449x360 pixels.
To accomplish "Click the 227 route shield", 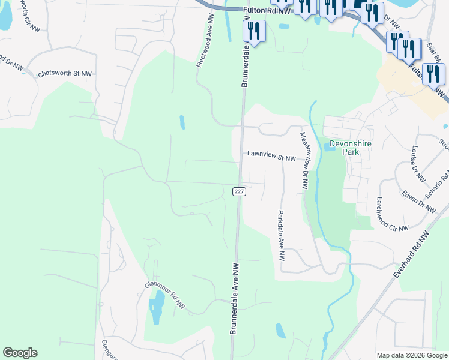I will (239, 191).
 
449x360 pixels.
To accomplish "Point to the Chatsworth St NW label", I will (64, 74).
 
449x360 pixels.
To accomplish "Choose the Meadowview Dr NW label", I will (304, 160).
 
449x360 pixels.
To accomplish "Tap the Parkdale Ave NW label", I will (280, 235).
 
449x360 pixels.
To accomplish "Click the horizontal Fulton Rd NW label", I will (267, 10).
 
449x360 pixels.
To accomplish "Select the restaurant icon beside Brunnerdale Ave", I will (255, 31).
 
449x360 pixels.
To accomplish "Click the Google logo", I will (20, 353).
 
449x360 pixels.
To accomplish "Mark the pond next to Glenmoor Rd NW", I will (157, 306).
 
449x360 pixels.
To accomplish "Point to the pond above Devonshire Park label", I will (333, 145).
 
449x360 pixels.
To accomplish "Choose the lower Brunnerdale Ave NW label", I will (235, 298).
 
